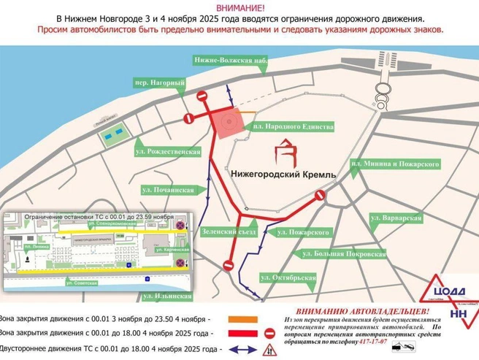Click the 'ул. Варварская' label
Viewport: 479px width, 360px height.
tap(396, 218)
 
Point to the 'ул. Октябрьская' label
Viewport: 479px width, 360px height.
tap(288, 277)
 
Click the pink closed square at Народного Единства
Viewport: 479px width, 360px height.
tap(231, 120)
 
